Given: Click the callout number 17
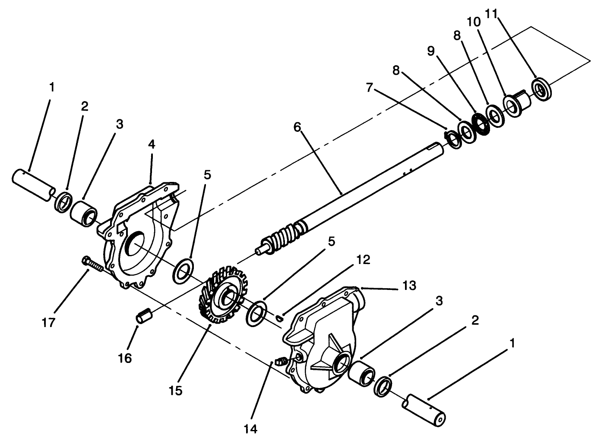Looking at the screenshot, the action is pos(48,322).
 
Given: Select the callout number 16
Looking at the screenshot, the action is pos(125,358).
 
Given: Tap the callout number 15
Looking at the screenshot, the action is pos(176,391).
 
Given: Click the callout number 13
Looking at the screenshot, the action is pos(409,286).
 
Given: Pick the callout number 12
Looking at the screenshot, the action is pos(363,260).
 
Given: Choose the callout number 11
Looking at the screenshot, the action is pos(491,14).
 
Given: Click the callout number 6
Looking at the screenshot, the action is pos(297,127).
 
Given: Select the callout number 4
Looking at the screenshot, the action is pos(151,144).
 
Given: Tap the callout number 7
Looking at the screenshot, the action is pos(370,87).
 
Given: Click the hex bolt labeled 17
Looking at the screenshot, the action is pos(92,264).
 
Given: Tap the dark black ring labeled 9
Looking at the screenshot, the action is pos(481,124).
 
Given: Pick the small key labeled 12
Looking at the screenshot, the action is pos(279,318).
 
